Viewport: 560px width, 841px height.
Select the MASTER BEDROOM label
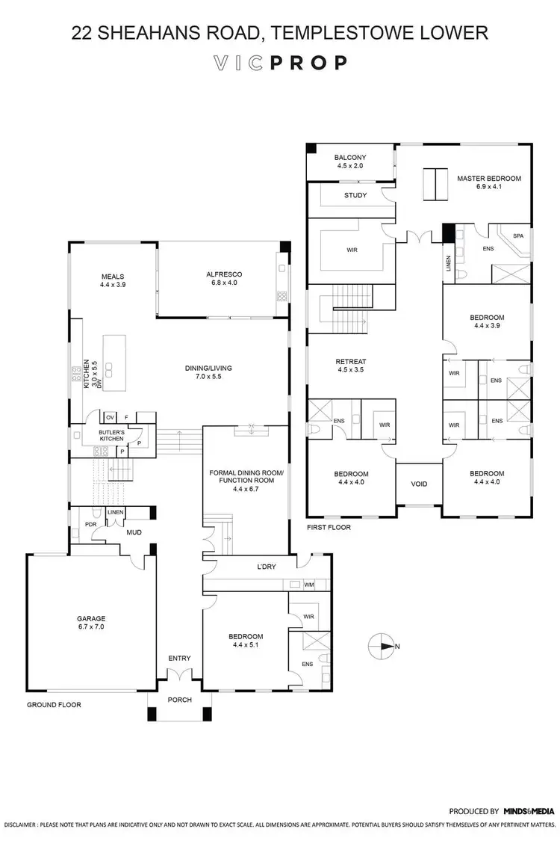click(488, 179)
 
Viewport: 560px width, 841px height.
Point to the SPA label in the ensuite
click(517, 236)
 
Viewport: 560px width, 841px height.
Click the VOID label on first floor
click(420, 484)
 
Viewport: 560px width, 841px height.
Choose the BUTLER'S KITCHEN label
click(111, 435)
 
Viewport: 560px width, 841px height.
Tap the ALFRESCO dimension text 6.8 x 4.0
click(224, 284)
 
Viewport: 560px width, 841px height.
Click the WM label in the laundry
click(309, 585)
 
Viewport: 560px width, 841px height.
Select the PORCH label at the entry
click(179, 700)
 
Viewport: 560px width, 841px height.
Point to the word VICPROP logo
click(279, 63)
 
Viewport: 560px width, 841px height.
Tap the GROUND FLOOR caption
click(54, 705)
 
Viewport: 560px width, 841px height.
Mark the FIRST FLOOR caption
click(329, 527)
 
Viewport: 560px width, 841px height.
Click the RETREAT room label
click(352, 361)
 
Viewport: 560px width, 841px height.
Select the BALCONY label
click(349, 156)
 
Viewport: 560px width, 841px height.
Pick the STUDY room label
click(355, 196)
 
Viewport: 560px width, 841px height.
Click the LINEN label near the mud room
click(116, 512)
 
